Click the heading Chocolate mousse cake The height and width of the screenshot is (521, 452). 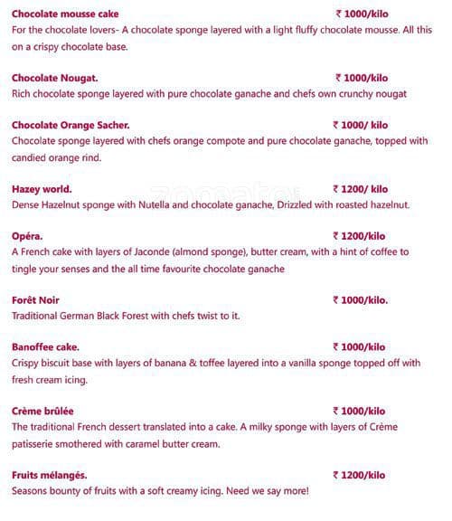(65, 14)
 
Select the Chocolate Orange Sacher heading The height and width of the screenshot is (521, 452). (71, 125)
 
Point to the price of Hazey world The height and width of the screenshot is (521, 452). (361, 189)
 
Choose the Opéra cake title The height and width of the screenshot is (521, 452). (27, 236)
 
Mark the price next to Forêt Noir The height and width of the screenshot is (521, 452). (361, 299)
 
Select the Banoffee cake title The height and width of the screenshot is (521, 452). (46, 346)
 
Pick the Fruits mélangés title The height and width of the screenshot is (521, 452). (50, 475)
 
